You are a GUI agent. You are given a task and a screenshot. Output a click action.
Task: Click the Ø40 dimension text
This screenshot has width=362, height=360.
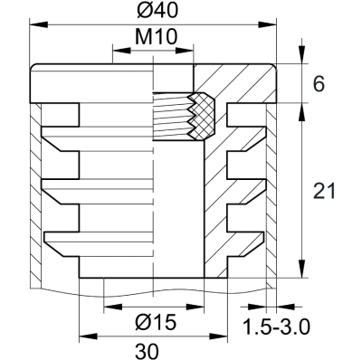tap(153, 12)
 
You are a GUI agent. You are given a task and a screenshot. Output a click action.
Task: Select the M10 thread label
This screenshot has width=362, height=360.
tap(153, 38)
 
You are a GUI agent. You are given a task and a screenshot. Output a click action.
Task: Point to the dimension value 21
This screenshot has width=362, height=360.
tap(322, 191)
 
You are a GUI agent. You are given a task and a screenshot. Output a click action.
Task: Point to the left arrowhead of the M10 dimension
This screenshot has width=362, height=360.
tap(116, 52)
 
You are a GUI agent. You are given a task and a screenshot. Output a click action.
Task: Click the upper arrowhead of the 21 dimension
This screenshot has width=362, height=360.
tap(300, 108)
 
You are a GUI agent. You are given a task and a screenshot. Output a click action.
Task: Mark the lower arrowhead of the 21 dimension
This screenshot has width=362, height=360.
tap(300, 273)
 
